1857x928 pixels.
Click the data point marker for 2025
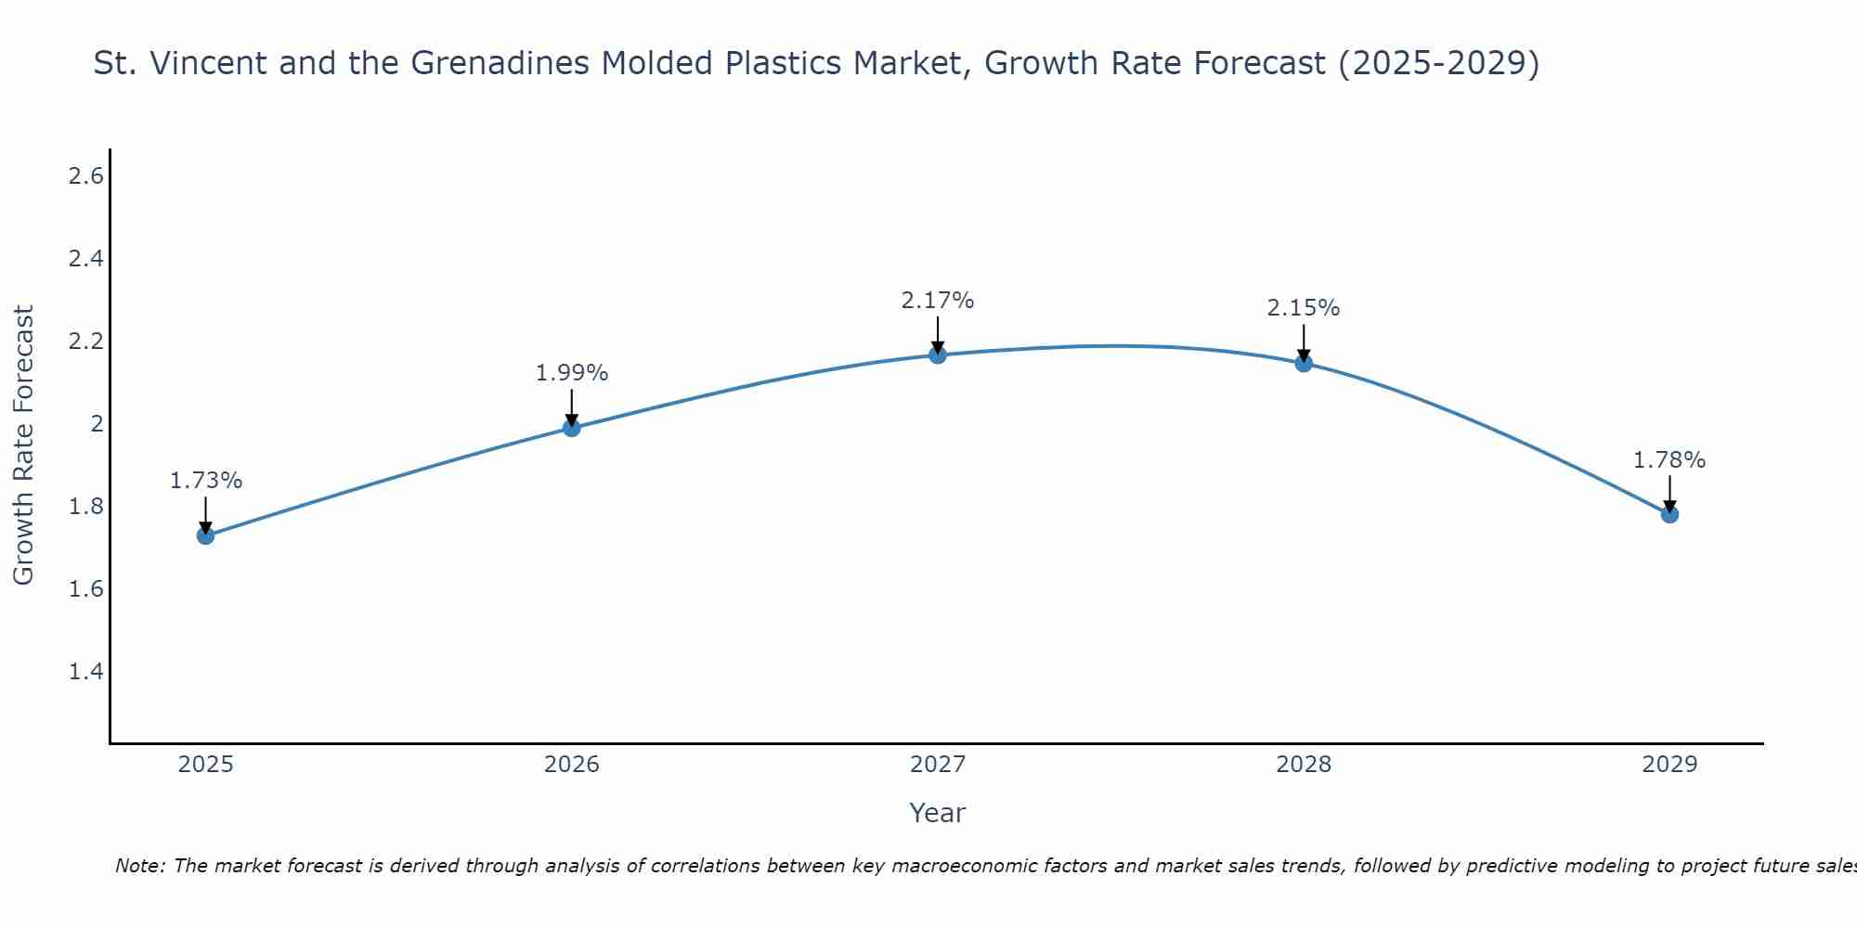pos(206,535)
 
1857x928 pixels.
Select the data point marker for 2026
pos(572,428)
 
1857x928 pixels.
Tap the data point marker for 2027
pos(938,354)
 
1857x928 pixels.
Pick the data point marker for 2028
pos(1304,363)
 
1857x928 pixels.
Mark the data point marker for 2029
pos(1669,514)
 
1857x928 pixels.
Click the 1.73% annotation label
pos(206,481)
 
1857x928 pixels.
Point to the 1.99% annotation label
pos(572,373)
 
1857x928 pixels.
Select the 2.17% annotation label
pos(938,301)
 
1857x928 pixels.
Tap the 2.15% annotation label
pos(1304,308)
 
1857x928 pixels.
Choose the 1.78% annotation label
pos(1669,460)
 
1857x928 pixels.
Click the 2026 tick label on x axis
pos(572,765)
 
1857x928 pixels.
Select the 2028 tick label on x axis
pos(1304,765)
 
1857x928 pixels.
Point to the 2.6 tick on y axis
pos(85,176)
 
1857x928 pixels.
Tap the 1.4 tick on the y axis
pos(85,672)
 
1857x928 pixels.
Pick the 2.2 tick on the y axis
pos(85,342)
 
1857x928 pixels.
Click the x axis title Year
pos(938,813)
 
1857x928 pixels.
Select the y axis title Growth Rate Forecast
pos(24,445)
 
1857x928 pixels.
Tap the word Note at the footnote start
pos(139,866)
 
